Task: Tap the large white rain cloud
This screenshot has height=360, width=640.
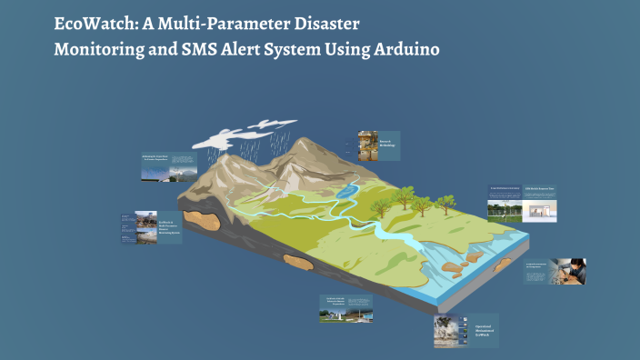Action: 227,135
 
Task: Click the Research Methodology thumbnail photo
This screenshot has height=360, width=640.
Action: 367,146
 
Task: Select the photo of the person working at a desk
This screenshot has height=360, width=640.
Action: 570,270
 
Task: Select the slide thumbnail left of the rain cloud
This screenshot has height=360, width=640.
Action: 169,165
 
